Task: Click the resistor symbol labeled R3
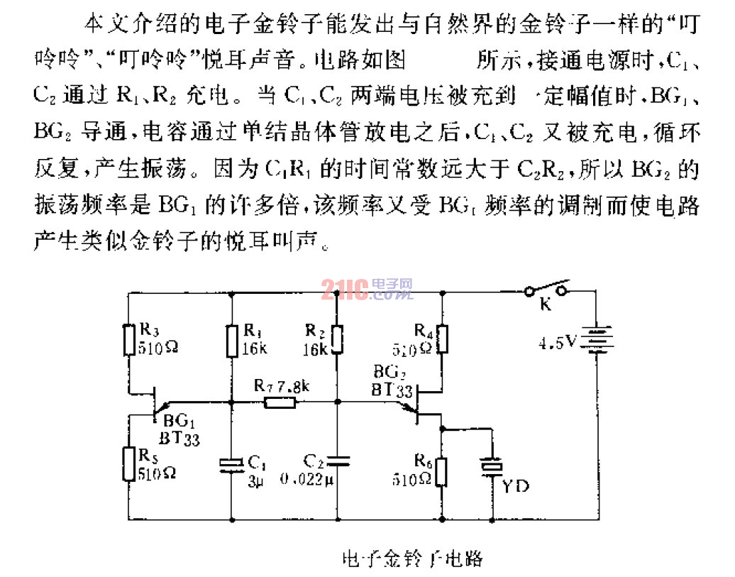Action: [x=129, y=339]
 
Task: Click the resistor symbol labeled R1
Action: [x=233, y=341]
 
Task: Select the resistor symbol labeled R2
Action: [x=336, y=339]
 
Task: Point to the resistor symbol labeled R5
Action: [x=129, y=463]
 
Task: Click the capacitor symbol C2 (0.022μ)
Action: [x=336, y=460]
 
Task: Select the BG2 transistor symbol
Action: [x=420, y=401]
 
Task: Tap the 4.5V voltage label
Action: [x=558, y=343]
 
